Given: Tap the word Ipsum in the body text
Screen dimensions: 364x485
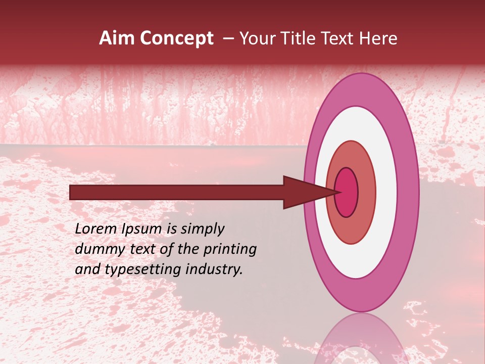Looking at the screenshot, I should click(x=142, y=230).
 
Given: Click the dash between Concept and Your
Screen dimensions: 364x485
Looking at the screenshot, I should click(x=228, y=38).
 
